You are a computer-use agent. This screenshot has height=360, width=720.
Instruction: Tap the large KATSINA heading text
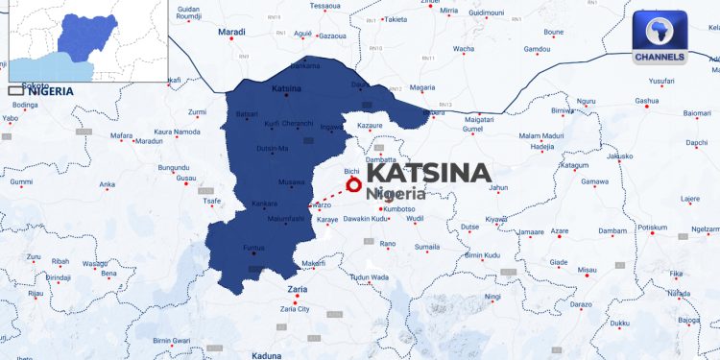[428, 173]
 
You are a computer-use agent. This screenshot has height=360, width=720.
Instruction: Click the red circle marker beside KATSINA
[353, 183]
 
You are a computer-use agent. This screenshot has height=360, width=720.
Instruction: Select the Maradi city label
[232, 32]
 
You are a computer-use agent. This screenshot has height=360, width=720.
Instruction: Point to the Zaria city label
[297, 288]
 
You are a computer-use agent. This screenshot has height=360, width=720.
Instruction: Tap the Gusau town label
[186, 179]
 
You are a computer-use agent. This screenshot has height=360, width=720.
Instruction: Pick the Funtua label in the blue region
[253, 248]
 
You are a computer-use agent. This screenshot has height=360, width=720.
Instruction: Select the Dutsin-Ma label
[273, 148]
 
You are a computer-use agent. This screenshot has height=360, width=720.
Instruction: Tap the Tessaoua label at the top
[325, 6]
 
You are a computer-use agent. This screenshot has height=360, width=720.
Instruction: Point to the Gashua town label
[647, 100]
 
